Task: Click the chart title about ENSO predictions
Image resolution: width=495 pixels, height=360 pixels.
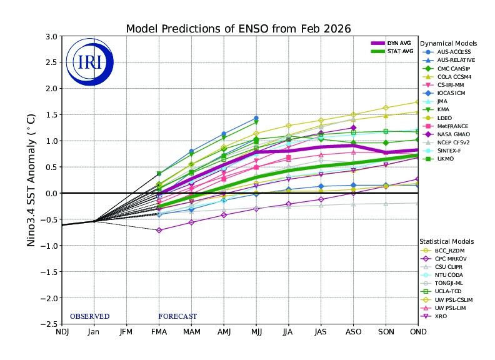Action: pyautogui.click(x=238, y=29)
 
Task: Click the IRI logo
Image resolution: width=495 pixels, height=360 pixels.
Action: pyautogui.click(x=87, y=61)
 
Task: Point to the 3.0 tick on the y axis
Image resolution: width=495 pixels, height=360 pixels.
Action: pyautogui.click(x=50, y=36)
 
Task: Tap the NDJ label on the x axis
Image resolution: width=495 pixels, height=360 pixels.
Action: pyautogui.click(x=62, y=332)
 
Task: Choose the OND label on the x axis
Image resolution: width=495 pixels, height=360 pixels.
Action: pyautogui.click(x=418, y=332)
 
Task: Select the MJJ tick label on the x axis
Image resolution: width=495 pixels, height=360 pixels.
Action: pyautogui.click(x=256, y=332)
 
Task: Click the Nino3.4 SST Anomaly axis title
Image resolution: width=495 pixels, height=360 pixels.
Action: pyautogui.click(x=31, y=180)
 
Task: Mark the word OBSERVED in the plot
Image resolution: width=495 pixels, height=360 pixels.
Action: pyautogui.click(x=89, y=316)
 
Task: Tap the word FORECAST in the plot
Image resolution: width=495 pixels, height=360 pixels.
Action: pyautogui.click(x=177, y=316)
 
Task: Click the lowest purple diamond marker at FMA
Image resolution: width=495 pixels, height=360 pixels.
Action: pyautogui.click(x=159, y=231)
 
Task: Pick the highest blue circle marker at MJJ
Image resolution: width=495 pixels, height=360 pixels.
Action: pyautogui.click(x=256, y=118)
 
